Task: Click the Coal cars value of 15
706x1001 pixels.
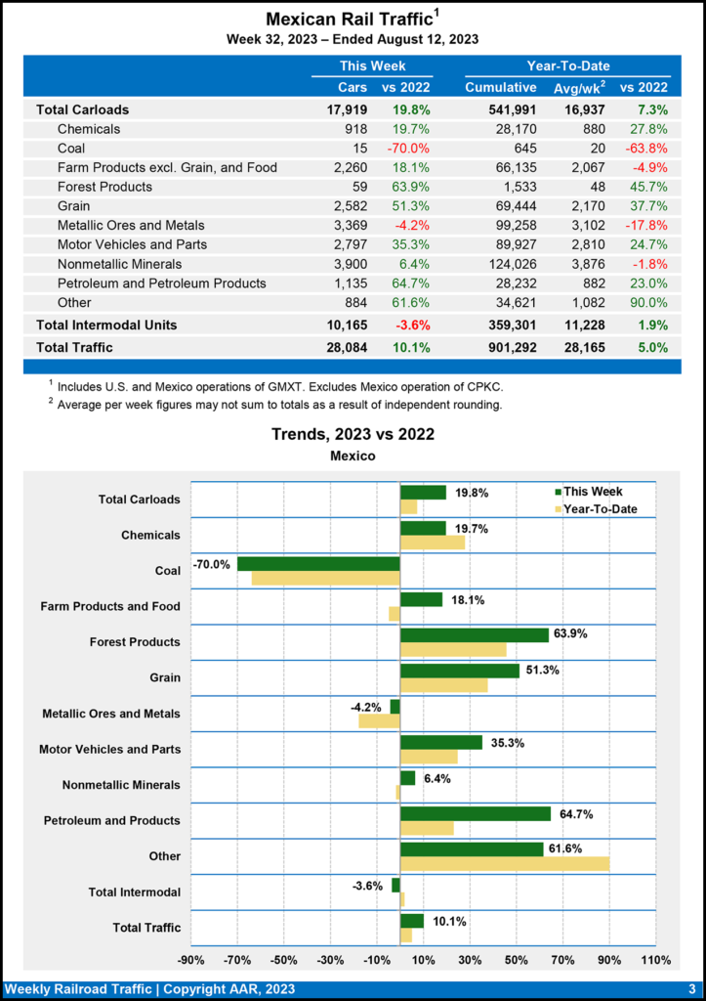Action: point(357,148)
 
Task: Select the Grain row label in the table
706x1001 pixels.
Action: point(75,205)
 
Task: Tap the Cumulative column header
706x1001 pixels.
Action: point(500,88)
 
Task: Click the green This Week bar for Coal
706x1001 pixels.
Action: point(318,564)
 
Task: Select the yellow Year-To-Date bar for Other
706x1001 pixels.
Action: point(504,863)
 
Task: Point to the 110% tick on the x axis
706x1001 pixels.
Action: point(656,959)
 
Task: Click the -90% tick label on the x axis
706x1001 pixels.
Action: point(190,959)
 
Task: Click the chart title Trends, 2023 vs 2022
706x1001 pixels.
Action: point(353,434)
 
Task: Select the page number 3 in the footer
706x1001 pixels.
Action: point(690,989)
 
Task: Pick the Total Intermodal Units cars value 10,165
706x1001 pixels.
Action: point(349,324)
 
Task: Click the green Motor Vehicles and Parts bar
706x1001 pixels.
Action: point(440,742)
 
